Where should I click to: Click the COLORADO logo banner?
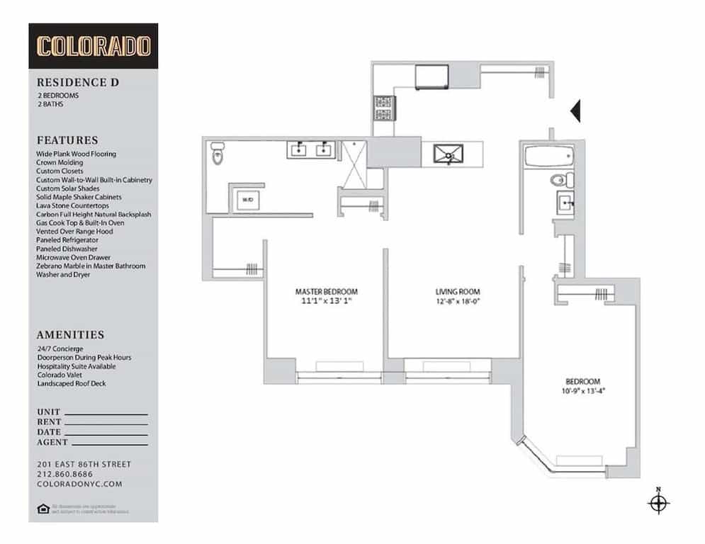[94, 46]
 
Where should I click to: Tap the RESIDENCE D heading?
[78, 82]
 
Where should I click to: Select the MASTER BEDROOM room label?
[326, 291]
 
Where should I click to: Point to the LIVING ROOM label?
[457, 291]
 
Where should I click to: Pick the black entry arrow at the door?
[575, 110]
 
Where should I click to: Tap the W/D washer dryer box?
[247, 200]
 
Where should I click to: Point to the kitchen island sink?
[448, 153]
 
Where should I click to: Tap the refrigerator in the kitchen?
[432, 76]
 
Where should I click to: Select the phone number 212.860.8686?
[64, 474]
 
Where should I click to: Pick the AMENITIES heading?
[70, 335]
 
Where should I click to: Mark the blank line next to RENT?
[107, 422]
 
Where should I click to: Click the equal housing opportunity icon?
[42, 508]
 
